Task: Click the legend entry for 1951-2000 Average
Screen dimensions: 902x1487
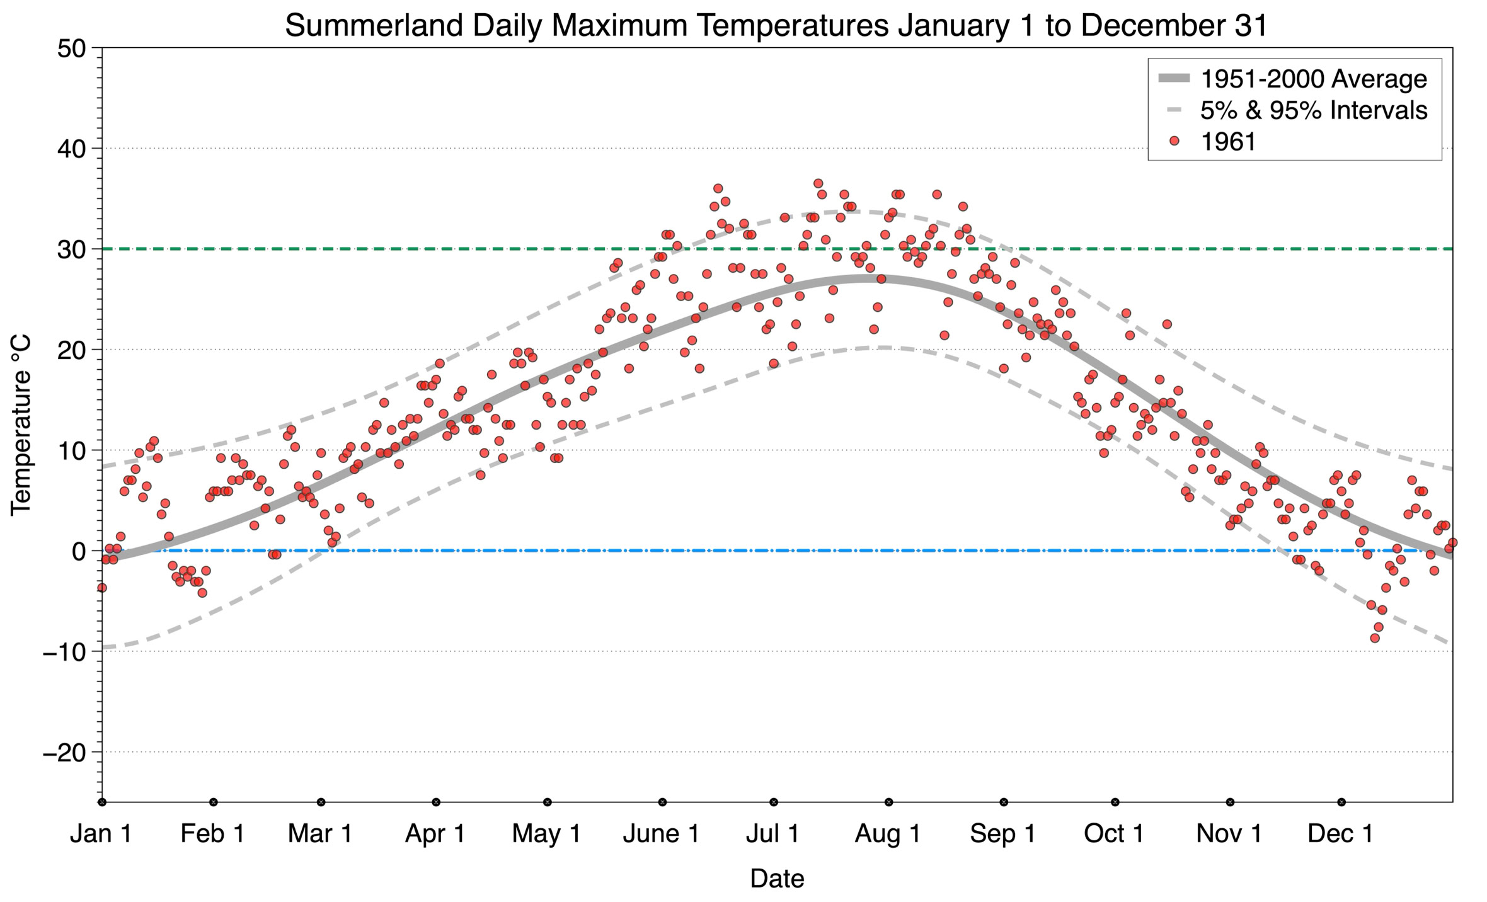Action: [x=1313, y=79]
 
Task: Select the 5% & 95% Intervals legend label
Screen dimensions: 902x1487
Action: [x=1313, y=110]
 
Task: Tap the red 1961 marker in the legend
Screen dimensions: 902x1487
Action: [x=1173, y=141]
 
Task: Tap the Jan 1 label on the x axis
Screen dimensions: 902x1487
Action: [x=101, y=834]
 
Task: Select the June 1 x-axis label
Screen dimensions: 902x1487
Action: [x=661, y=834]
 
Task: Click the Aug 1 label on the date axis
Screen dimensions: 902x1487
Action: [x=887, y=834]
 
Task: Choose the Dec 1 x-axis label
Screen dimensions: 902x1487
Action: [x=1340, y=834]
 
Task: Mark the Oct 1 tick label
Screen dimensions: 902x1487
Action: [x=1113, y=834]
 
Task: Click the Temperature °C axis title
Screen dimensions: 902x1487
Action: [x=21, y=425]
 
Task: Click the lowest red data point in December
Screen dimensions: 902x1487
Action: [x=1374, y=638]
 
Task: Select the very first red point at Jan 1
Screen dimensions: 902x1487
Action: [x=101, y=588]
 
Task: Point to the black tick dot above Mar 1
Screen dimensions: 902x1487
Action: [x=321, y=802]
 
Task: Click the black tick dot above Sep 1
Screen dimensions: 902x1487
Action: [x=1004, y=802]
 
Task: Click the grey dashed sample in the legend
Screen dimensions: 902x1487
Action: [x=1173, y=110]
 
